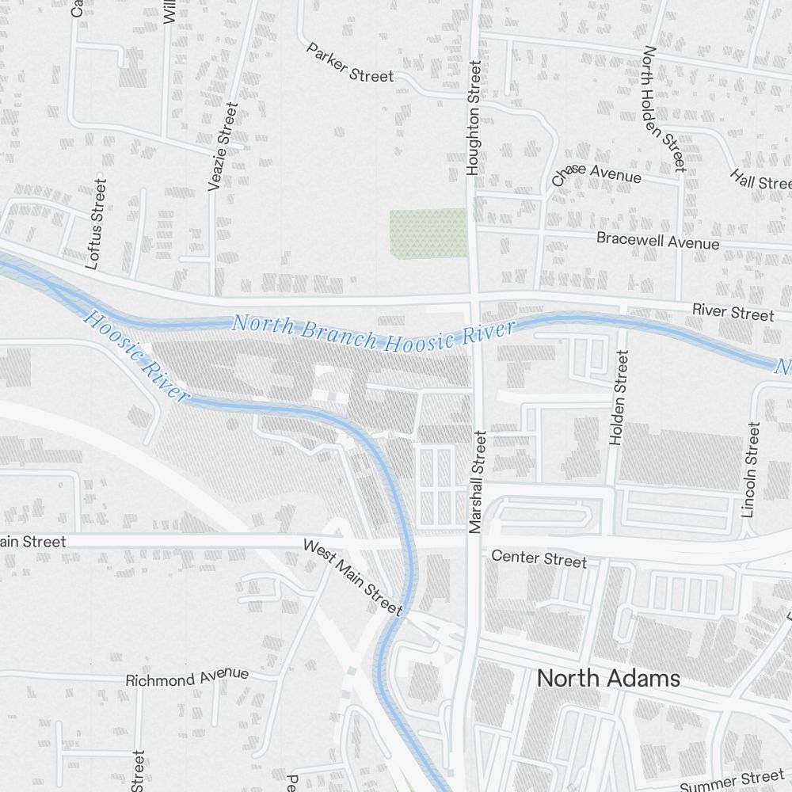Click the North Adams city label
[608, 679]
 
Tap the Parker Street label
[349, 63]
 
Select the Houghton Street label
[474, 119]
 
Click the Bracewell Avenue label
[657, 240]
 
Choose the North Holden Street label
[663, 109]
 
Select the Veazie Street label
[223, 147]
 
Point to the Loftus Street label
[96, 223]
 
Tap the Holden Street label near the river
[618, 398]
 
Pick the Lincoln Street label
[750, 470]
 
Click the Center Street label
[539, 558]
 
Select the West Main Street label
[353, 577]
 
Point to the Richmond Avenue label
[187, 678]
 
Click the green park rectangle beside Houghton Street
[428, 233]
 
